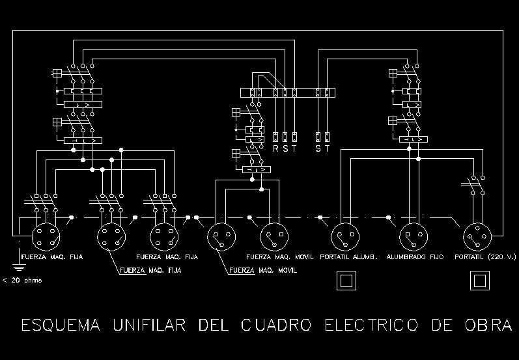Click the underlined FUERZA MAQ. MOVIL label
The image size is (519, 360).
click(x=263, y=270)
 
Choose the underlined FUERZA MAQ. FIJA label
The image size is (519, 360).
click(x=149, y=270)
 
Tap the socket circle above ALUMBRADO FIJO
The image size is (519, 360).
click(x=413, y=235)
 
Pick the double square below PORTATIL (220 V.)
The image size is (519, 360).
click(x=480, y=281)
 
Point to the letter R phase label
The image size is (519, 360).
click(x=275, y=148)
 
